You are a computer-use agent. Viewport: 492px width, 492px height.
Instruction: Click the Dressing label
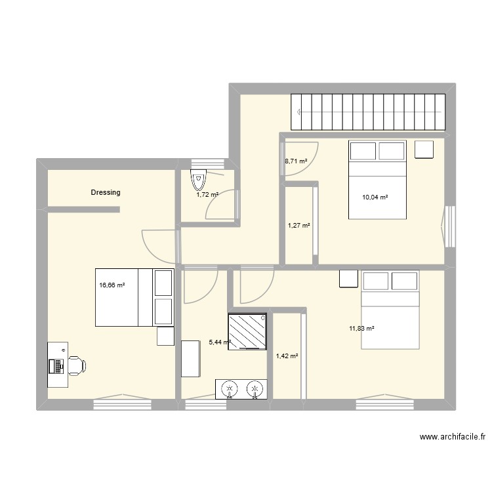click(106, 193)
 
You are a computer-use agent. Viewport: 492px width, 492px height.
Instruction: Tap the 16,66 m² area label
click(112, 285)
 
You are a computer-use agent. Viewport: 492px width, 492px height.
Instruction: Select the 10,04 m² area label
click(375, 197)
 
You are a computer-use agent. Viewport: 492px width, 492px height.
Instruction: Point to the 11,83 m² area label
click(361, 329)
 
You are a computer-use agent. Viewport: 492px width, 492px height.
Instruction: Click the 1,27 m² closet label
click(299, 226)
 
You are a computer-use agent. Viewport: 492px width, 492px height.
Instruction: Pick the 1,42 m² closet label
click(287, 356)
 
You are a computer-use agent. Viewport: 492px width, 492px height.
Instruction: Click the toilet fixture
click(197, 178)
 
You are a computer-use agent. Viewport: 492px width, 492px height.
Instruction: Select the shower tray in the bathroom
click(247, 332)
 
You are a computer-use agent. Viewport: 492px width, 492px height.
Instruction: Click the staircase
click(369, 112)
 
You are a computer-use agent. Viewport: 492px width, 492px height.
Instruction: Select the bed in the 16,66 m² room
click(134, 297)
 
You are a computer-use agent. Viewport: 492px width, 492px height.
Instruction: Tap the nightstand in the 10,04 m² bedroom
click(424, 150)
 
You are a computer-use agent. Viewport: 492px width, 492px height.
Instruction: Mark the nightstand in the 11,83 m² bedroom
click(348, 279)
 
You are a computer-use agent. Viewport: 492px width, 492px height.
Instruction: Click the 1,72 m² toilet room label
click(207, 195)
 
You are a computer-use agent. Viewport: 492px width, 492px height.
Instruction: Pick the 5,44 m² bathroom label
click(219, 342)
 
